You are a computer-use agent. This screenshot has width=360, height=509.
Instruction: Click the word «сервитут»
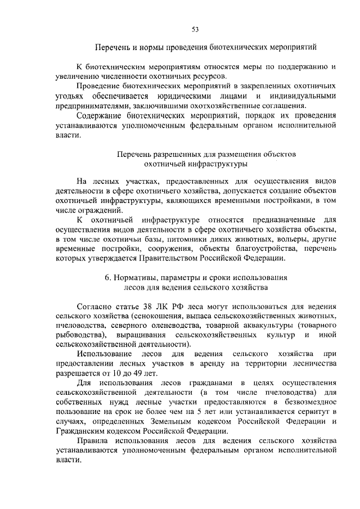[x=312, y=414]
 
